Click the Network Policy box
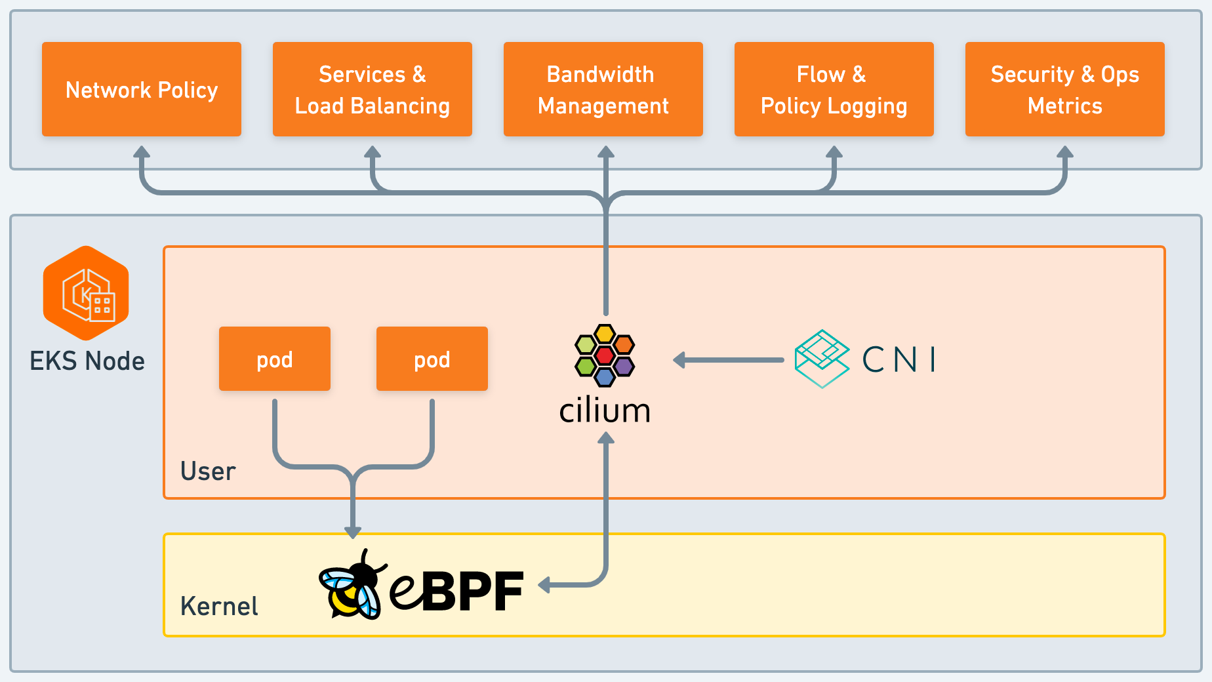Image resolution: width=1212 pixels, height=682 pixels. (142, 89)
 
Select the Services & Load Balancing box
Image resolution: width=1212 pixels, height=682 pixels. (373, 89)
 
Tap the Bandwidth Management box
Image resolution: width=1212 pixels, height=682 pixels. (603, 89)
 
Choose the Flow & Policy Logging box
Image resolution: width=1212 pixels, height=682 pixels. (834, 89)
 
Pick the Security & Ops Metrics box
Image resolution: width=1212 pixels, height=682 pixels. (1065, 89)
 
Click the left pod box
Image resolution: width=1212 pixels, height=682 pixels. (275, 359)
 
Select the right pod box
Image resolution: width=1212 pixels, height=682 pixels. (432, 359)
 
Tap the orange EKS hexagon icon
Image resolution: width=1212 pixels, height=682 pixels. (86, 292)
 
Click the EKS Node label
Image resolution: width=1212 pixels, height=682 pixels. (87, 361)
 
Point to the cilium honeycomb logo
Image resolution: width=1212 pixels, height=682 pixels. (605, 355)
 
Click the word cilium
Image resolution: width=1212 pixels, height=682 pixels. (605, 411)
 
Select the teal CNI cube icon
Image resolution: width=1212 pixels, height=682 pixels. (822, 359)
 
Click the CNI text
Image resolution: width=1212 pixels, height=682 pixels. (899, 359)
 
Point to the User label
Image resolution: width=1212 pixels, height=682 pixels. (208, 471)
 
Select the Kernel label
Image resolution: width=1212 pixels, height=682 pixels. (219, 607)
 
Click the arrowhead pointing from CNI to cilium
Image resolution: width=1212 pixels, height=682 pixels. (680, 360)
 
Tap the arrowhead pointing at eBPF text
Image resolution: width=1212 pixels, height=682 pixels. (544, 584)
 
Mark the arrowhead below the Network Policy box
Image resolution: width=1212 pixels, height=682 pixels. (142, 152)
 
